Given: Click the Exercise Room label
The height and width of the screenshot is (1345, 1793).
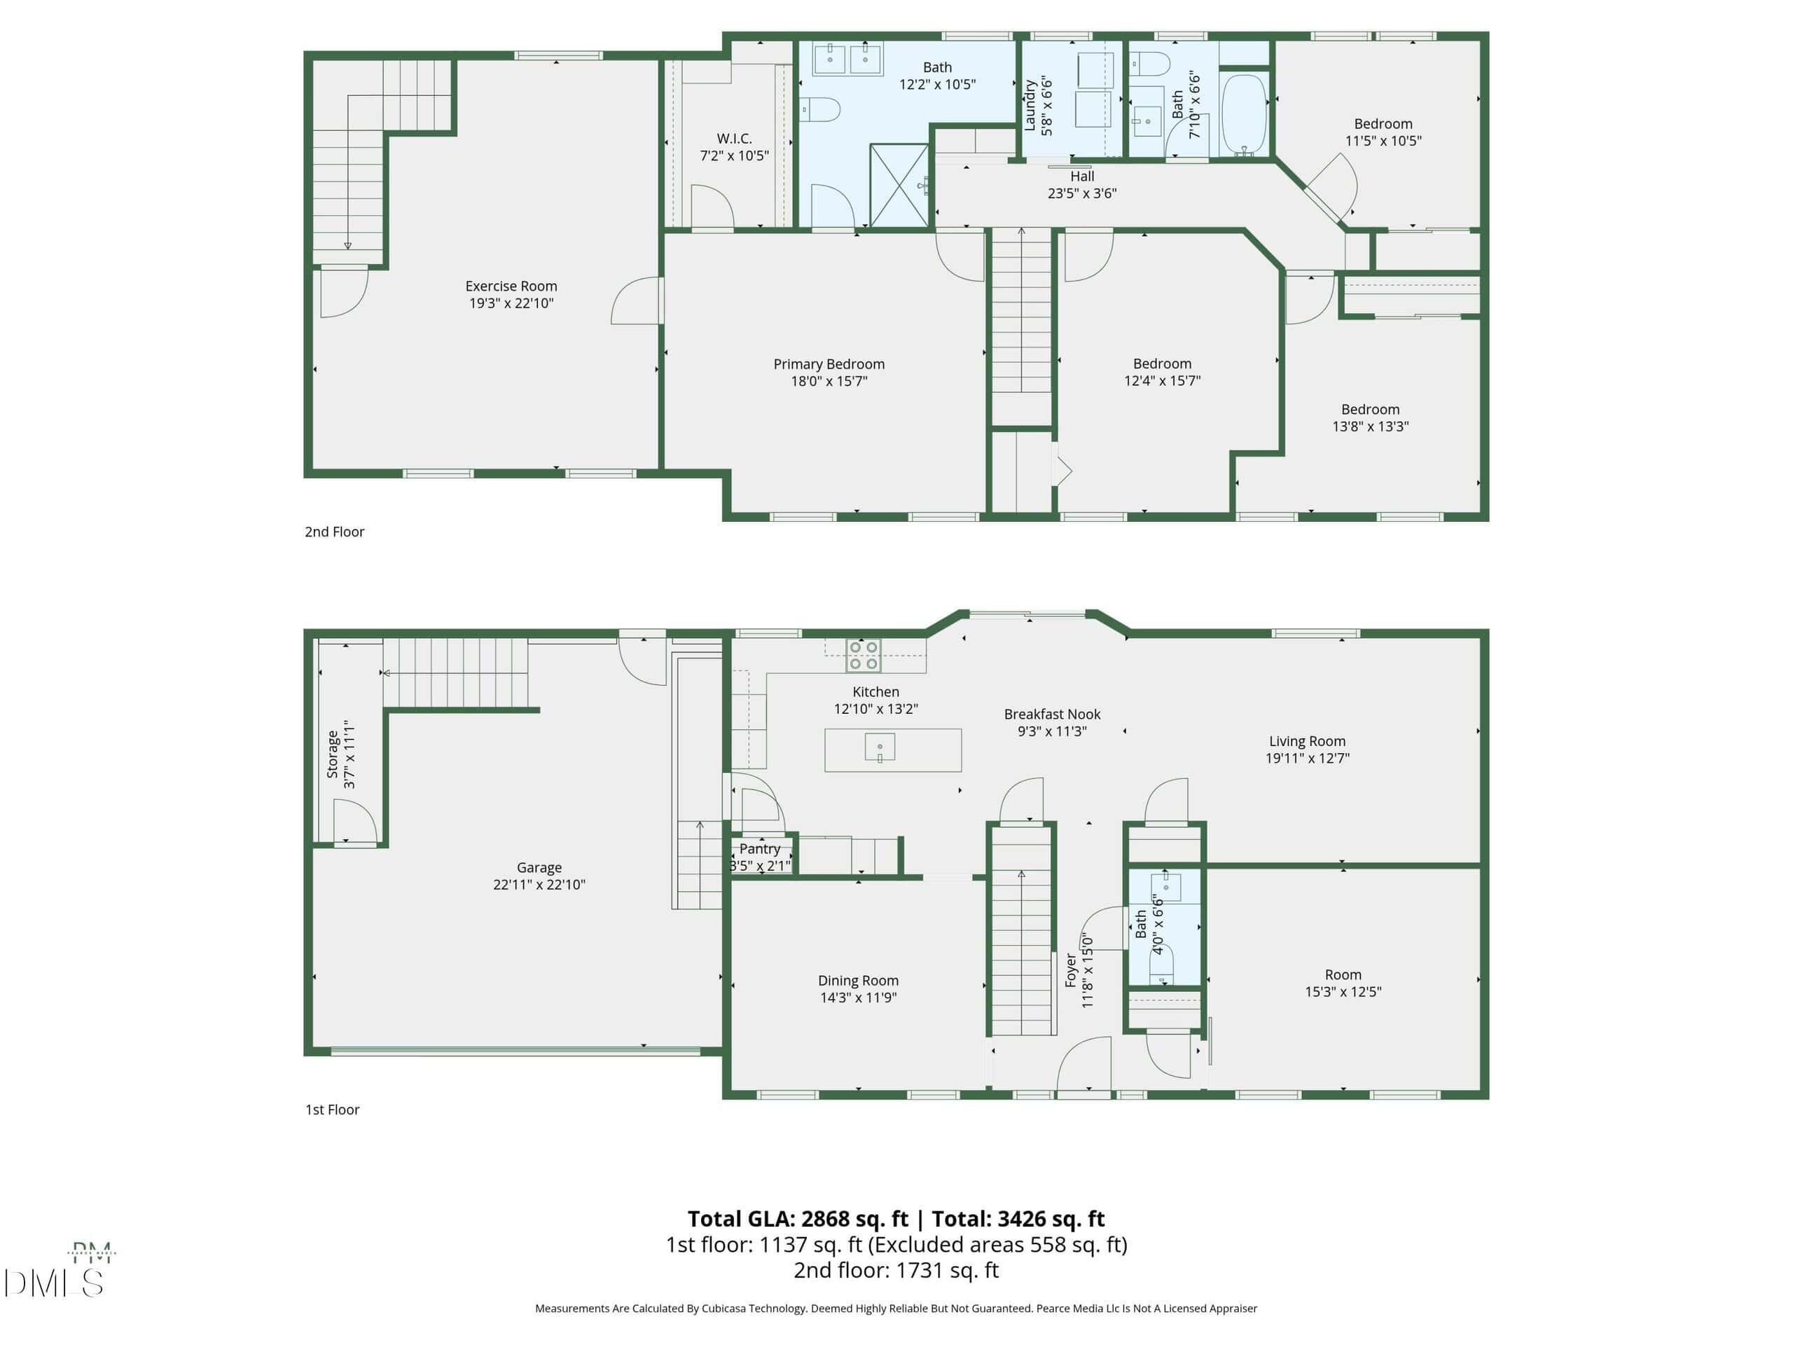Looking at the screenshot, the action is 511,287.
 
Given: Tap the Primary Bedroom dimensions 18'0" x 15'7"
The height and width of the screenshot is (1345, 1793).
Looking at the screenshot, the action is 829,381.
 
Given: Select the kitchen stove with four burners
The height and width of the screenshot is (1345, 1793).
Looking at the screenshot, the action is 864,655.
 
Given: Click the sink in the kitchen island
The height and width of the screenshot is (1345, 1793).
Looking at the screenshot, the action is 880,747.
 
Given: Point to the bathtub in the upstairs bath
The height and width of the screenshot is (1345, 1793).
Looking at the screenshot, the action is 1243,115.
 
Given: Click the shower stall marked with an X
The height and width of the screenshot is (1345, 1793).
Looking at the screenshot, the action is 899,186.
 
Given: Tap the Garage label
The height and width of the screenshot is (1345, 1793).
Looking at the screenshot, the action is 539,867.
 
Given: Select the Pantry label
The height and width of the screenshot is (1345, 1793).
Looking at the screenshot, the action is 759,849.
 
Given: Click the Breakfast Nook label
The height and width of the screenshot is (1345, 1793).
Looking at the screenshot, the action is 1052,715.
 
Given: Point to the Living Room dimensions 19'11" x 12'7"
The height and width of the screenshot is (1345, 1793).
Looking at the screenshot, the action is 1308,758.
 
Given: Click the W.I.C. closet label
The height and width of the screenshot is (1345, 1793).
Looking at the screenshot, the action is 735,139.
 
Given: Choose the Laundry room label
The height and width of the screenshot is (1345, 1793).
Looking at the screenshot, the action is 1030,105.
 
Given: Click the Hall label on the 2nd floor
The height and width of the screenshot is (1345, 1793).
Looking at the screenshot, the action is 1082,176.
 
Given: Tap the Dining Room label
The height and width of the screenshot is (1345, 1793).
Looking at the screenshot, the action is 859,980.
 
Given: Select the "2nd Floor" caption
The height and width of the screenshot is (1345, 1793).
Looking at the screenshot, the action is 335,532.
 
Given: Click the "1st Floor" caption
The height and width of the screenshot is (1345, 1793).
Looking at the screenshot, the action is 333,1109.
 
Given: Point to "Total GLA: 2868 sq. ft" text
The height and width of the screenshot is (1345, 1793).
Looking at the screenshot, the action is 798,1218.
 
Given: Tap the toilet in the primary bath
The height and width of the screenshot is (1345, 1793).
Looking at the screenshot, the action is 820,109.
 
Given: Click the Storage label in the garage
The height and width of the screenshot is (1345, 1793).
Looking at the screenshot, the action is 333,754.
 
